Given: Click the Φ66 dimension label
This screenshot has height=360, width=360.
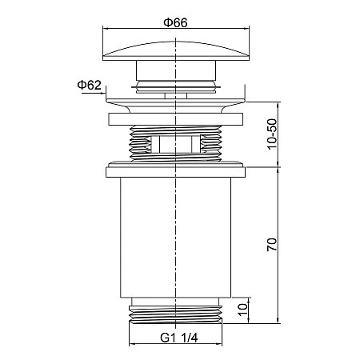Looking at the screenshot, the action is pyautogui.click(x=175, y=22).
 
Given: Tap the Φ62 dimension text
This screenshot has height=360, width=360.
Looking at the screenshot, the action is pyautogui.click(x=90, y=86).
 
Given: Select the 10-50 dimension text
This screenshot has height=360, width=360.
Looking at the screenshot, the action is pyautogui.click(x=272, y=134).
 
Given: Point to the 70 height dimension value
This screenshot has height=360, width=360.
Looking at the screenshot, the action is pyautogui.click(x=272, y=245).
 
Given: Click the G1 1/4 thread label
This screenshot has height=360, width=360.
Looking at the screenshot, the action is pyautogui.click(x=179, y=338).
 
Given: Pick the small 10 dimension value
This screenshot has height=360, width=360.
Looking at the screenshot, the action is pyautogui.click(x=242, y=310).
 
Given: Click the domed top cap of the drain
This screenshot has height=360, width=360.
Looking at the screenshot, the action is pyautogui.click(x=176, y=50).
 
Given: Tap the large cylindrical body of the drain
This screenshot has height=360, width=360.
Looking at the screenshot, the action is pyautogui.click(x=175, y=237).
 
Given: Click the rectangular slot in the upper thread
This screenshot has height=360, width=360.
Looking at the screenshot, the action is pyautogui.click(x=175, y=144).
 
